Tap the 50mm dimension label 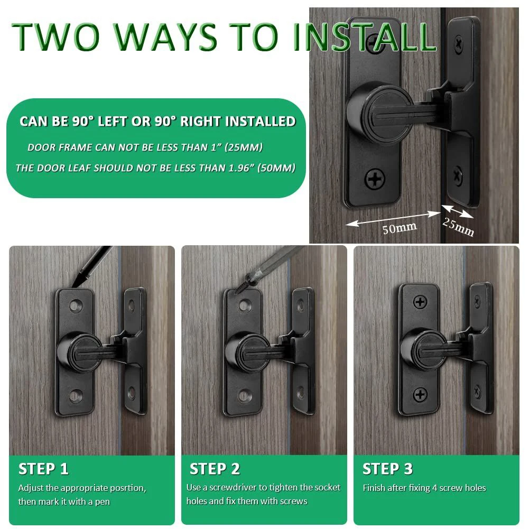click(400, 228)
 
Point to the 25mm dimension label click(458, 227)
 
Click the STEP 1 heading click(43, 469)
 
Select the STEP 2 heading click(215, 469)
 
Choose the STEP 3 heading click(388, 469)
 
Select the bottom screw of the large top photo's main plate click(375, 178)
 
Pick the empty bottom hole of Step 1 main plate click(76, 395)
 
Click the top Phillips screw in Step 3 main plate click(420, 302)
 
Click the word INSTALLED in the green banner click(260, 122)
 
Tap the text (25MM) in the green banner click(243, 147)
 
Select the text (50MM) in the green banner click(276, 168)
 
